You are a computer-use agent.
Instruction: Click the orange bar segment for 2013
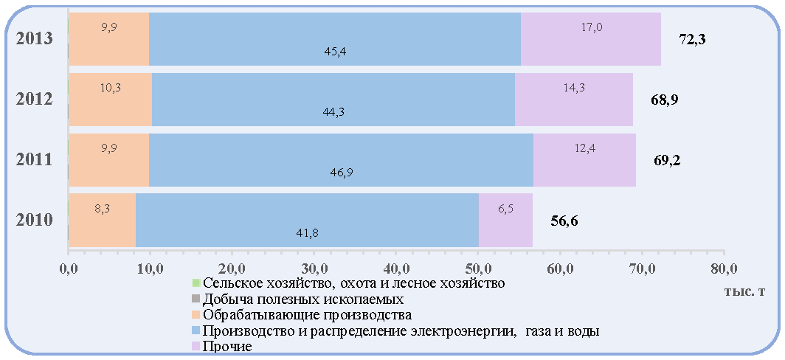tap(109, 39)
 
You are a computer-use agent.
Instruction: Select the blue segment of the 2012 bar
tap(333, 100)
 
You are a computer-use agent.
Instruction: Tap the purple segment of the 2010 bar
tap(505, 221)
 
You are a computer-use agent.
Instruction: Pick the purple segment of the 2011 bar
tap(585, 160)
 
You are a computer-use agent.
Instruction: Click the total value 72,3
tap(692, 40)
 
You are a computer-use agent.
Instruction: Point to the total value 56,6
tap(564, 221)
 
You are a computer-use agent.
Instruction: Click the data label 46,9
tap(341, 173)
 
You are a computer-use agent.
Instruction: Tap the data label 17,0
tap(591, 27)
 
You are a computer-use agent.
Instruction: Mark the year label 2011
tap(34, 160)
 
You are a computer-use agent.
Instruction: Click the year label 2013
tap(34, 39)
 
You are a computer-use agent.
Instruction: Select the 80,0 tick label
tap(724, 271)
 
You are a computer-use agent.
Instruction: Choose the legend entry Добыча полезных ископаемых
tap(298, 300)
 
